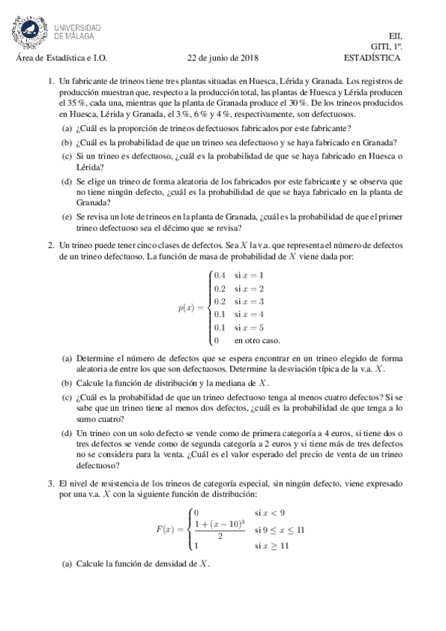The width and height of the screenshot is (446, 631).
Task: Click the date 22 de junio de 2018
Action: click(x=222, y=57)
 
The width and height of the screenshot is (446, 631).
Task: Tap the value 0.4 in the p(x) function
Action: click(x=220, y=275)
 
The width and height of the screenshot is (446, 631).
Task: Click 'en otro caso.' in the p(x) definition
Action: click(x=257, y=340)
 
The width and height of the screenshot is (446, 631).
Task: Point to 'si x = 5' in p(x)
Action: click(x=249, y=327)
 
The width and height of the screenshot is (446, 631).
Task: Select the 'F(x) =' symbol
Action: click(x=170, y=529)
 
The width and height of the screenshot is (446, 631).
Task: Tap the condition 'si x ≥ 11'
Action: click(x=271, y=545)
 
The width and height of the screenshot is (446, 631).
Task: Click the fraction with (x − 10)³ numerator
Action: click(x=220, y=529)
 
